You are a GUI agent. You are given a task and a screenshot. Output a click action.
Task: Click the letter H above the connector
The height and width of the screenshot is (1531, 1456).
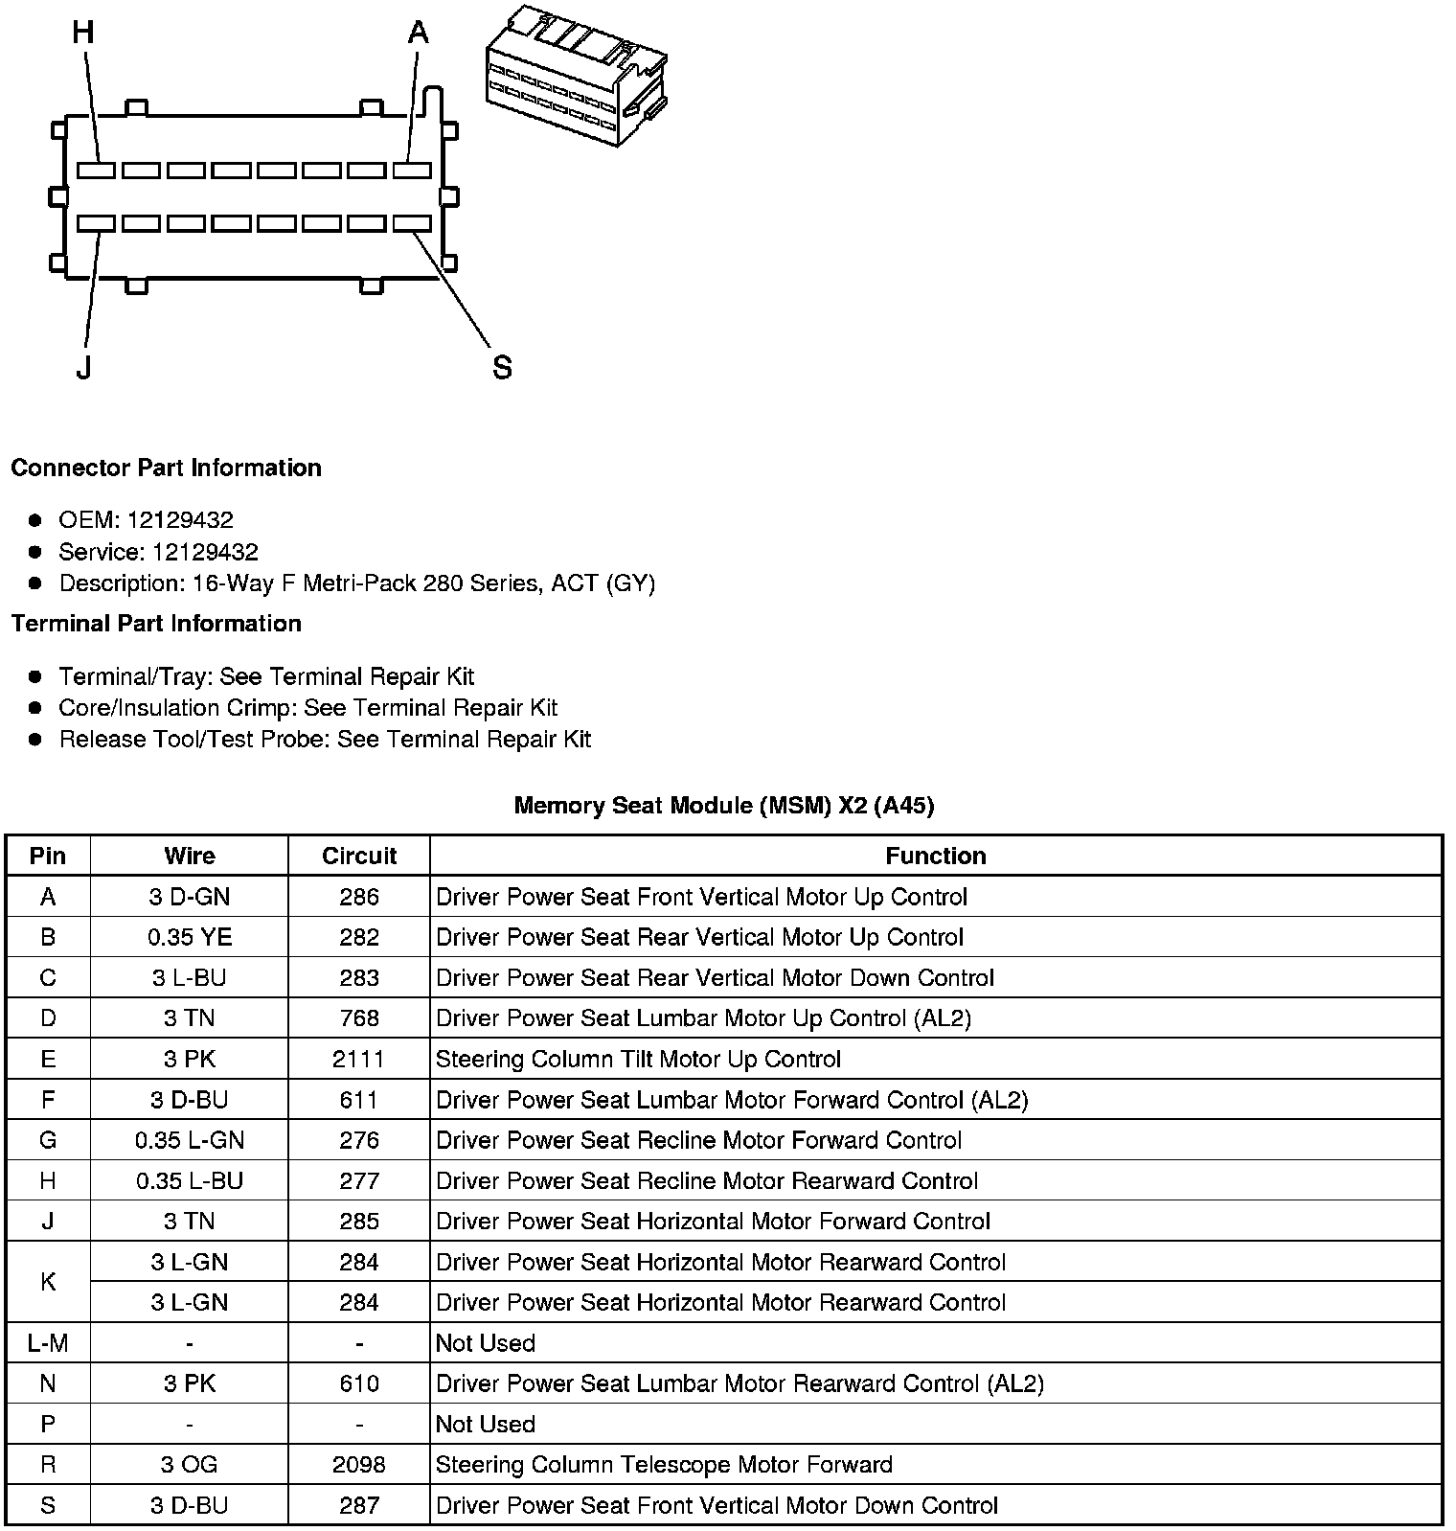pyautogui.click(x=83, y=33)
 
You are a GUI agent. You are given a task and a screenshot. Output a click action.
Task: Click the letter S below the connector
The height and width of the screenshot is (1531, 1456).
pyautogui.click(x=502, y=367)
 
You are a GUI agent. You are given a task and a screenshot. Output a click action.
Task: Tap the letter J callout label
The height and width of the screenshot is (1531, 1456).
pyautogui.click(x=84, y=367)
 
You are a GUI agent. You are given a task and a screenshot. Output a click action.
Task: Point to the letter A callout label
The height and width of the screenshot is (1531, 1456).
pyautogui.click(x=418, y=34)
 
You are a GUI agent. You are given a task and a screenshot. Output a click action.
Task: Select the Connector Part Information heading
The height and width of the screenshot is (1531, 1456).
pyautogui.click(x=166, y=468)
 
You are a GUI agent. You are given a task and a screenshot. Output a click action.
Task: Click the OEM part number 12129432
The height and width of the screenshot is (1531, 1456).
pyautogui.click(x=180, y=520)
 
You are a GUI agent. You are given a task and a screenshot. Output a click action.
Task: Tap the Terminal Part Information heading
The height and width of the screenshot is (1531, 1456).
pyautogui.click(x=156, y=624)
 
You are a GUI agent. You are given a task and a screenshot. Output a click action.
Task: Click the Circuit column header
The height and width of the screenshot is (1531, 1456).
pyautogui.click(x=359, y=856)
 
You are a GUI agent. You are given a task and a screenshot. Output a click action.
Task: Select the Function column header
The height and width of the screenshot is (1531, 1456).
pyautogui.click(x=935, y=856)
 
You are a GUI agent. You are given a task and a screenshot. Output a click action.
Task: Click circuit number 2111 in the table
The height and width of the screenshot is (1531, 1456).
pyautogui.click(x=359, y=1059)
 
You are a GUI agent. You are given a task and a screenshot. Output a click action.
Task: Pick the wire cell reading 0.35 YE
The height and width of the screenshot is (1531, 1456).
pyautogui.click(x=190, y=937)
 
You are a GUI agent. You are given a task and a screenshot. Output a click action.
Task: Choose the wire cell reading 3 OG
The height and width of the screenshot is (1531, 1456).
pyautogui.click(x=190, y=1464)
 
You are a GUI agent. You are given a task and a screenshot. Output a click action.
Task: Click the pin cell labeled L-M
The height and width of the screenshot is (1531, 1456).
pyautogui.click(x=48, y=1342)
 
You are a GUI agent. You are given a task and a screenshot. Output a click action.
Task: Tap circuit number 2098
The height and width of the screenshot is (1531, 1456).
pyautogui.click(x=359, y=1464)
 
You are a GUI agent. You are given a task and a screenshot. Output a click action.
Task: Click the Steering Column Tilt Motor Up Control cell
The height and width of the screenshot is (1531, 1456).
pyautogui.click(x=638, y=1059)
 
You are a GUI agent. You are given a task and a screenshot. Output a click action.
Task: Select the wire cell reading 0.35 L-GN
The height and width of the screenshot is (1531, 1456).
pyautogui.click(x=190, y=1140)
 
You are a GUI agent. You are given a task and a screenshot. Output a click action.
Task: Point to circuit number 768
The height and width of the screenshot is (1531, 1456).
pyautogui.click(x=359, y=1017)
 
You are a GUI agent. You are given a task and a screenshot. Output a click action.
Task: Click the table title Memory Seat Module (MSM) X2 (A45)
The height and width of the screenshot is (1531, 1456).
pyautogui.click(x=724, y=805)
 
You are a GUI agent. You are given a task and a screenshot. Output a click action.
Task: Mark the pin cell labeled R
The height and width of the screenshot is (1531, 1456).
pyautogui.click(x=48, y=1464)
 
